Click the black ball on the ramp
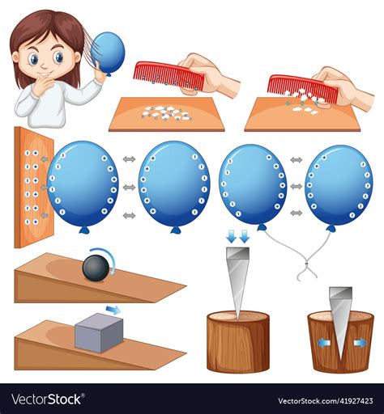[96, 268]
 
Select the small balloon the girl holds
[110, 52]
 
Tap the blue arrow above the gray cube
[113, 309]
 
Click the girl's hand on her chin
[41, 84]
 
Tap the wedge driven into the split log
[339, 311]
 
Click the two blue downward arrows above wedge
[237, 237]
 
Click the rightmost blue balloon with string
[339, 185]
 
